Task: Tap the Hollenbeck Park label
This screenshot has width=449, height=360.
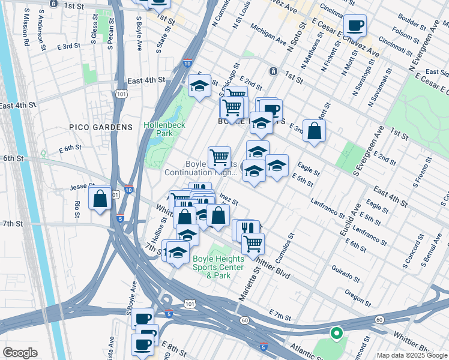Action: click(164, 129)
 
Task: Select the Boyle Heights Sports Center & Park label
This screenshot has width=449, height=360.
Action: click(218, 267)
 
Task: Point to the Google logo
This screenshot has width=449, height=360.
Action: click(20, 353)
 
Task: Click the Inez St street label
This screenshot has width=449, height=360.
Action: click(229, 199)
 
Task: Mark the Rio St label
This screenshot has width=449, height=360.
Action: click(77, 209)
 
